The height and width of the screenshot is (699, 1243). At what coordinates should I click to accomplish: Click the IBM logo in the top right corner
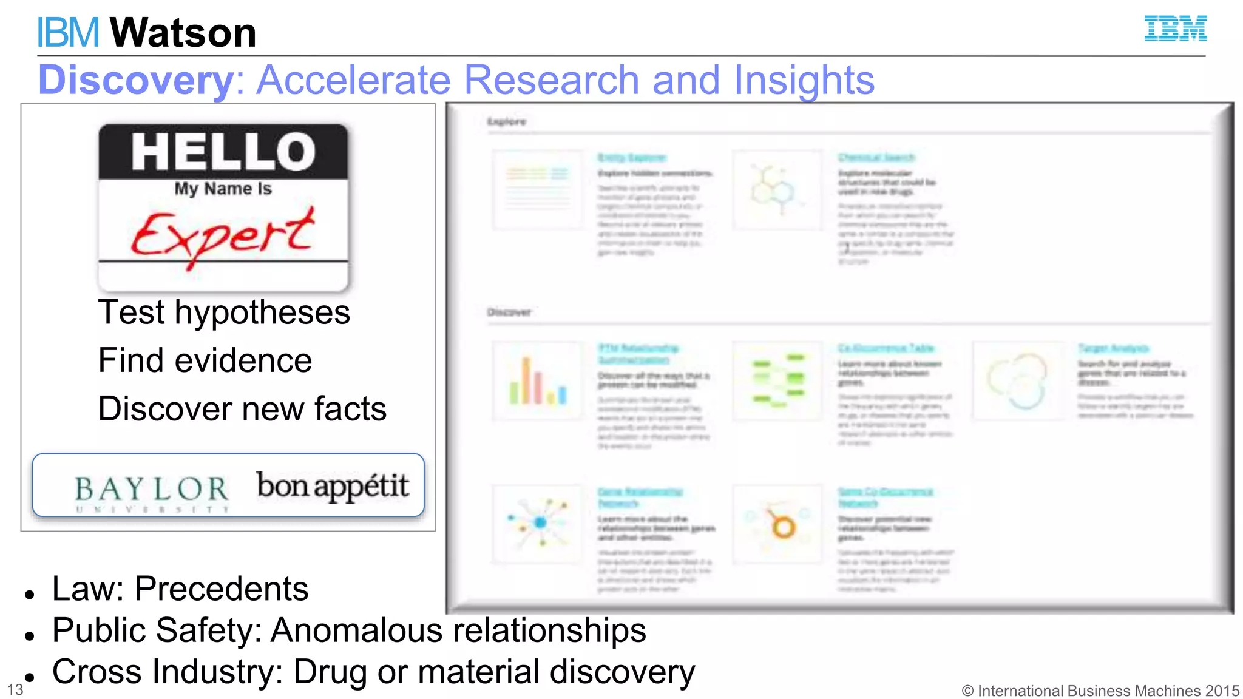click(x=1175, y=29)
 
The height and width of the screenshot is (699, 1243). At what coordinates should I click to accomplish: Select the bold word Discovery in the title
click(x=135, y=80)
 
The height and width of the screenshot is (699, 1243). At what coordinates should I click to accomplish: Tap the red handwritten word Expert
click(x=223, y=235)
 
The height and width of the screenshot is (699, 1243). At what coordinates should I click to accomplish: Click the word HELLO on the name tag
click(x=223, y=152)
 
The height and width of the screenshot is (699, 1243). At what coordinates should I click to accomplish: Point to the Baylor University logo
click(x=152, y=491)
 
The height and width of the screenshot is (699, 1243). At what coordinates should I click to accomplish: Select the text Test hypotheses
click(x=224, y=312)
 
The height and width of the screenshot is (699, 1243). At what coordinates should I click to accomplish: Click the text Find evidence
click(x=205, y=360)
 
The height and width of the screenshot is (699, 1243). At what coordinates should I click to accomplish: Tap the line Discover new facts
click(x=242, y=408)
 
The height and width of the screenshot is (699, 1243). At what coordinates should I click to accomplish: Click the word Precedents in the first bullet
click(x=222, y=589)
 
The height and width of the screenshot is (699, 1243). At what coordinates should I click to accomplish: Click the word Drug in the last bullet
click(x=331, y=672)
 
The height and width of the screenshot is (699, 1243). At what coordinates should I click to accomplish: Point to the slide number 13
click(x=15, y=690)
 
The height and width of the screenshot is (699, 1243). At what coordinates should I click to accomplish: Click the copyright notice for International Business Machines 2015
click(x=1100, y=691)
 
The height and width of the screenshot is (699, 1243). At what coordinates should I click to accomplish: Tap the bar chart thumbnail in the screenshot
click(x=537, y=381)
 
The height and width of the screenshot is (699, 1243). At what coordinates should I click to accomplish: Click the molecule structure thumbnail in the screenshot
click(x=776, y=190)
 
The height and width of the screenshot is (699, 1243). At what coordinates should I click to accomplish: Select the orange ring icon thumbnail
click(x=777, y=525)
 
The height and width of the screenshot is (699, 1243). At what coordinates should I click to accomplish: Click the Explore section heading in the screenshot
click(x=506, y=121)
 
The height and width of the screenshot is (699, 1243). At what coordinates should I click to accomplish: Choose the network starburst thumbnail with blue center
click(x=537, y=524)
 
